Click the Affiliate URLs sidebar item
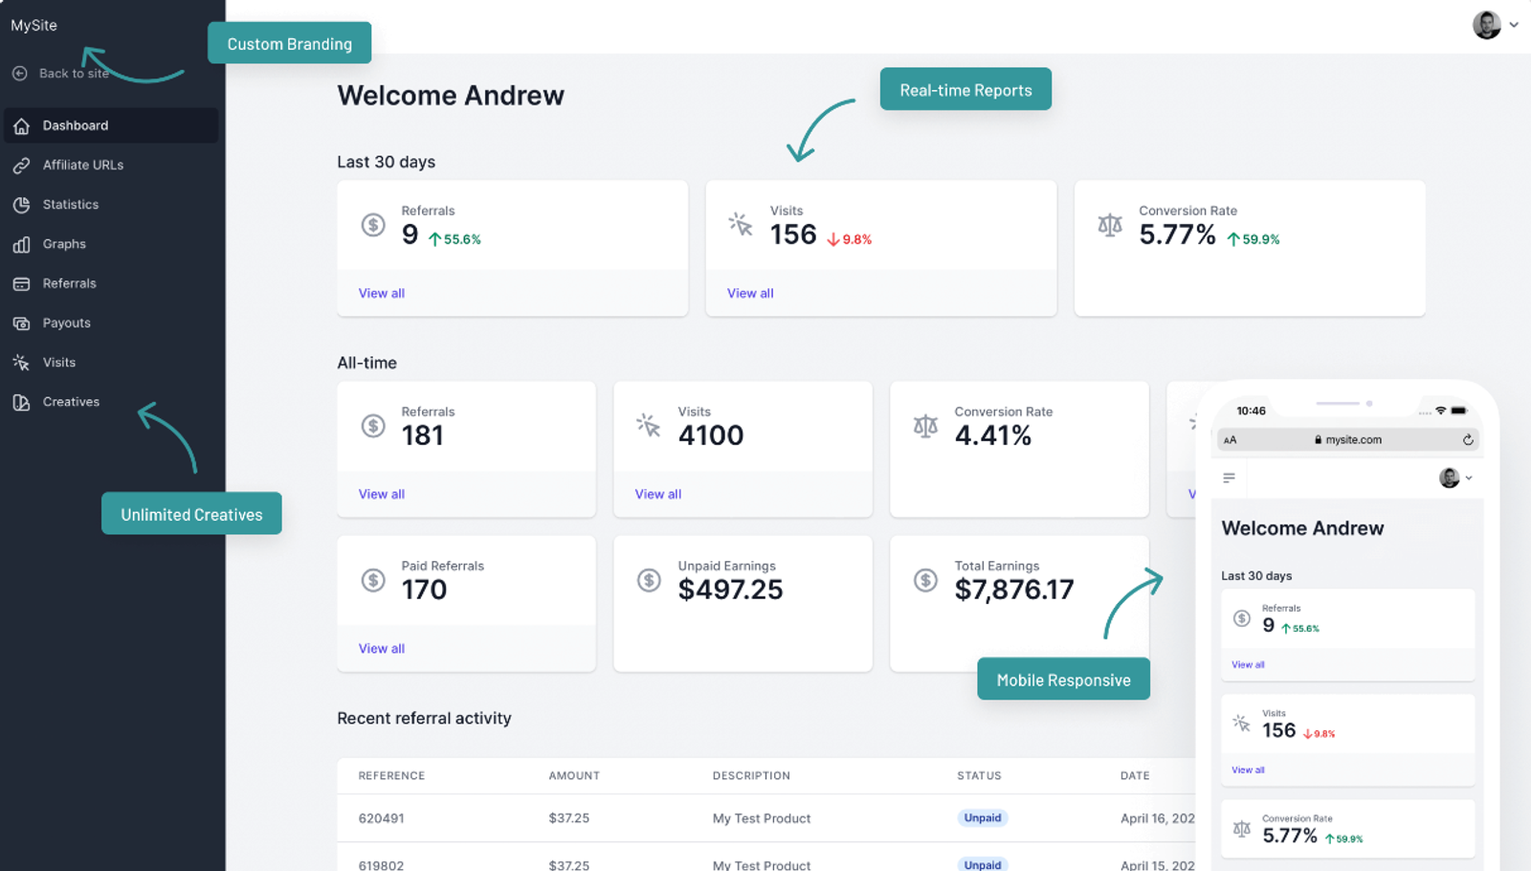(82, 165)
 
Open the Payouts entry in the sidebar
(66, 323)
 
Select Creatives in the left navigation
(70, 402)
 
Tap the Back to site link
(73, 74)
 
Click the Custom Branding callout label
(289, 43)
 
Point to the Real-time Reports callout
(965, 90)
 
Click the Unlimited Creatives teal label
(191, 514)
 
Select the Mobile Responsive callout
(1063, 680)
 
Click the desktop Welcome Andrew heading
(450, 96)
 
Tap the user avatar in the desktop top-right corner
(1486, 25)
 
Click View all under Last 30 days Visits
(750, 293)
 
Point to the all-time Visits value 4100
(710, 435)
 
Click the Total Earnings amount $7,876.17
(1013, 590)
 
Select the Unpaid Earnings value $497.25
(730, 590)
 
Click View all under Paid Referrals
(381, 648)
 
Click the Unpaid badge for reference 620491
(982, 817)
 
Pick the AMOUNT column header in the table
(574, 775)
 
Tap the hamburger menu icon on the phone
(1229, 478)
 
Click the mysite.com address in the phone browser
(1352, 440)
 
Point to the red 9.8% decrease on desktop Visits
(850, 239)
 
